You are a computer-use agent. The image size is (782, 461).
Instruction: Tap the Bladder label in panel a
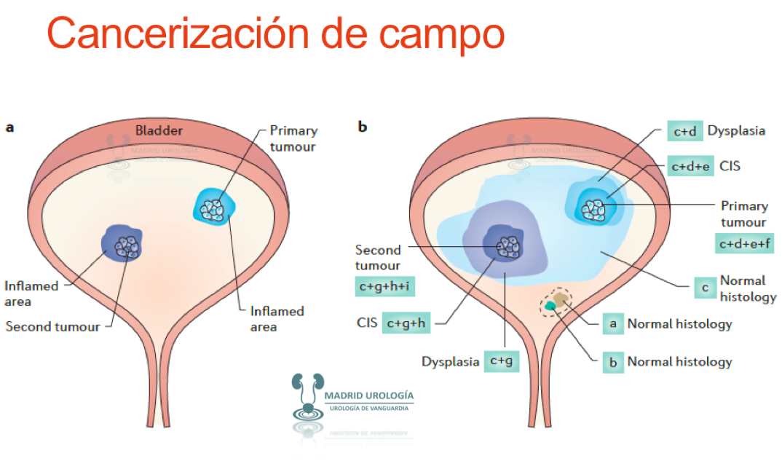coord(159,131)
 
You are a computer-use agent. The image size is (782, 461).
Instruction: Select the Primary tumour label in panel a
coord(293,138)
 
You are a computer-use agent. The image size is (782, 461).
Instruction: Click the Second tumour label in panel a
coord(52,326)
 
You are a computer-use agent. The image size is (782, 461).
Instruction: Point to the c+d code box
coord(685,132)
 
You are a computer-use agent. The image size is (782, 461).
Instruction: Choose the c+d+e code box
coord(691,167)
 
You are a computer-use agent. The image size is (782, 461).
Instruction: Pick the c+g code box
coord(502,360)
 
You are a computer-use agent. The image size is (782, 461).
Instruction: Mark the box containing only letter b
coord(613,362)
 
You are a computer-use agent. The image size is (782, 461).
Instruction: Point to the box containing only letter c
coord(704,288)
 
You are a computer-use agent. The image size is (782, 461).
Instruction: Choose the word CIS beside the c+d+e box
coord(730,167)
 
